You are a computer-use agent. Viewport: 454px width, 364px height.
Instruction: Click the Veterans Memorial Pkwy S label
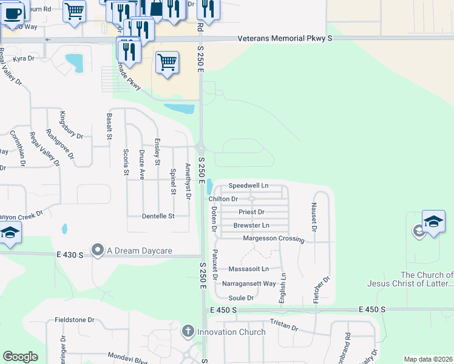(285, 38)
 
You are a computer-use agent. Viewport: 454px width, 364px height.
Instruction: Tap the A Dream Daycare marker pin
(97, 250)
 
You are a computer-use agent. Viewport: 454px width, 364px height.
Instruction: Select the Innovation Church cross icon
(188, 332)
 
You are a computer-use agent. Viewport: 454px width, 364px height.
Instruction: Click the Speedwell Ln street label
(248, 186)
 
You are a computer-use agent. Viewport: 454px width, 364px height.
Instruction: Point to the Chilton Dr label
(223, 198)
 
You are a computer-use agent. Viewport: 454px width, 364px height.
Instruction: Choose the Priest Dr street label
(251, 212)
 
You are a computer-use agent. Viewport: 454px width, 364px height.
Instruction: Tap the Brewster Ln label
(251, 225)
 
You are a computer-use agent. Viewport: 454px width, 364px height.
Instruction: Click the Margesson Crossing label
(273, 238)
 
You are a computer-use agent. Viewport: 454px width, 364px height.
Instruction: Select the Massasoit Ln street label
(248, 269)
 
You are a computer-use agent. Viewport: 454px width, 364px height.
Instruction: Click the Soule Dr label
(241, 298)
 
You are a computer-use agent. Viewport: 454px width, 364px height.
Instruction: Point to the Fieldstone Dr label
(75, 320)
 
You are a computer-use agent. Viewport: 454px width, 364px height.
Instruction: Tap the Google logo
(20, 357)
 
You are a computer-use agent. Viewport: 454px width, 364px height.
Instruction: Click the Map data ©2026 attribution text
(428, 359)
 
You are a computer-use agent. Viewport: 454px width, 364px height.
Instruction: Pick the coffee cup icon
(12, 13)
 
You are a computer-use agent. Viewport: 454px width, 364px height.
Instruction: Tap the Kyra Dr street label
(24, 59)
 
